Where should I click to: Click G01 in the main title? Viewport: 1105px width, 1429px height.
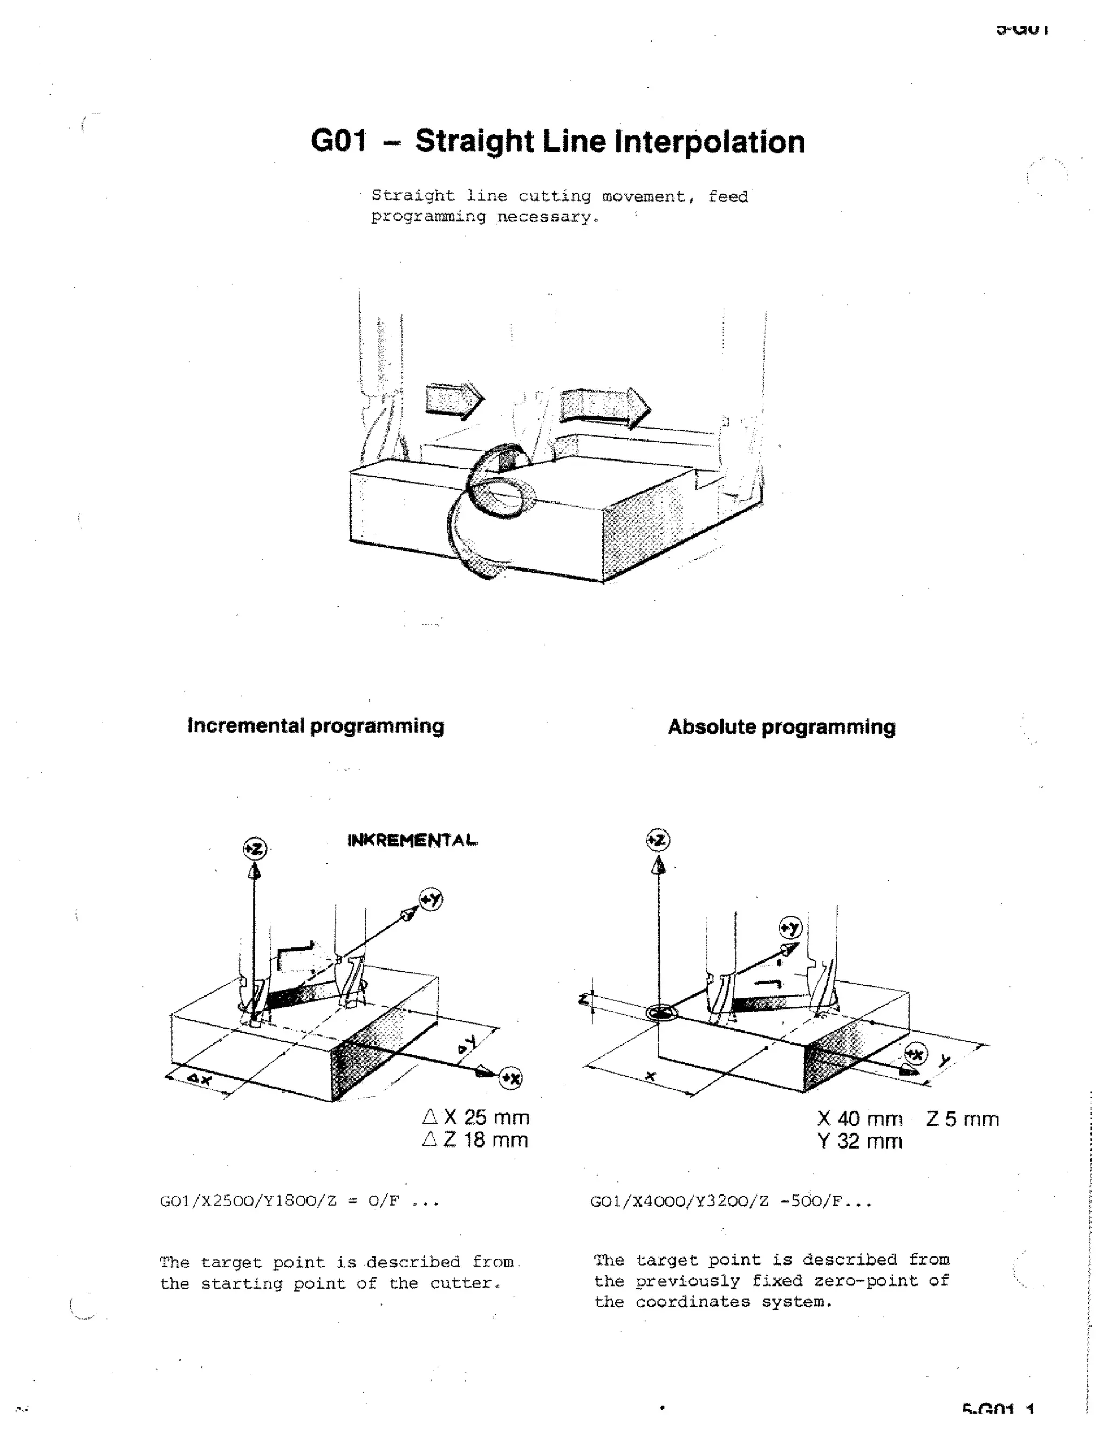[338, 141]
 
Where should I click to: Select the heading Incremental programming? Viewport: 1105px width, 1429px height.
[316, 726]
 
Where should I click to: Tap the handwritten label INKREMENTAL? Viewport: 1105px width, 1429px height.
[412, 840]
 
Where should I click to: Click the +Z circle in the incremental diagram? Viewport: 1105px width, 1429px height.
[254, 849]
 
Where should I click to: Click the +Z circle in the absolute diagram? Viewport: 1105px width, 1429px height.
[658, 840]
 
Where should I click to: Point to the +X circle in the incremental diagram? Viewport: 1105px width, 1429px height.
[510, 1077]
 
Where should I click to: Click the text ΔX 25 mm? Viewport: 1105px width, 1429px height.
[476, 1117]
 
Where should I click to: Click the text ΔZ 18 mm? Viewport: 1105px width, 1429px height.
[475, 1140]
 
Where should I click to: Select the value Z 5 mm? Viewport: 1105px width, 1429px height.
[961, 1119]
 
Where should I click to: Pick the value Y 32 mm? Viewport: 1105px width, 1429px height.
[859, 1141]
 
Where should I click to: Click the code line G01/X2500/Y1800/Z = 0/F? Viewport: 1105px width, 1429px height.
[299, 1201]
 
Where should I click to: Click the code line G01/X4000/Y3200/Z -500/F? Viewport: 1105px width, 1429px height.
[731, 1201]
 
